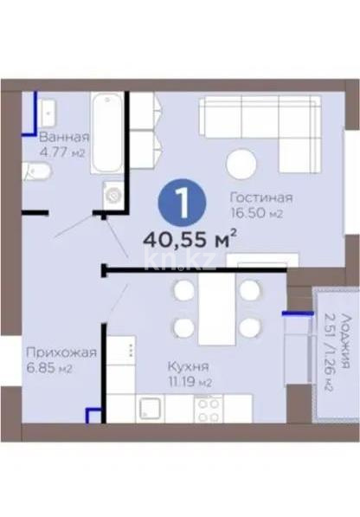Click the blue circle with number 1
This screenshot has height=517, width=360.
pyautogui.click(x=182, y=203)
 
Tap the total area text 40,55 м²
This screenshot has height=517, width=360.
pyautogui.click(x=190, y=240)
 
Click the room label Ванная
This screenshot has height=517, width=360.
pyautogui.click(x=64, y=137)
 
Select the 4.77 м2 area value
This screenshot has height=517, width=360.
pyautogui.click(x=62, y=152)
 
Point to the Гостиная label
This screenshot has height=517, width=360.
pyautogui.click(x=261, y=197)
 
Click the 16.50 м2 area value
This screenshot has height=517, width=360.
pyautogui.click(x=257, y=213)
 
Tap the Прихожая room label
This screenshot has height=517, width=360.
pyautogui.click(x=61, y=353)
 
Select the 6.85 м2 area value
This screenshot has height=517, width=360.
pyautogui.click(x=49, y=368)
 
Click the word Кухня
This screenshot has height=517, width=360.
pyautogui.click(x=189, y=366)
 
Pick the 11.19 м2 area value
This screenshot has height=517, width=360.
pyautogui.click(x=190, y=383)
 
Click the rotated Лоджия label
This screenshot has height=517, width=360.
pyautogui.click(x=345, y=340)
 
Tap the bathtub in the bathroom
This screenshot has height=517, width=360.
pyautogui.click(x=107, y=132)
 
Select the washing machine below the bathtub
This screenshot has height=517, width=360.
pyautogui.click(x=113, y=195)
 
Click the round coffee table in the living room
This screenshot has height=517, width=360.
pyautogui.click(x=241, y=164)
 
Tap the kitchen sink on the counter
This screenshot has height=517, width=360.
pyautogui.click(x=151, y=408)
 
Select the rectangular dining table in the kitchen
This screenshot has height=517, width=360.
pyautogui.click(x=216, y=308)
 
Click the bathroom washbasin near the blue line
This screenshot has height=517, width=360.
pyautogui.click(x=48, y=113)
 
